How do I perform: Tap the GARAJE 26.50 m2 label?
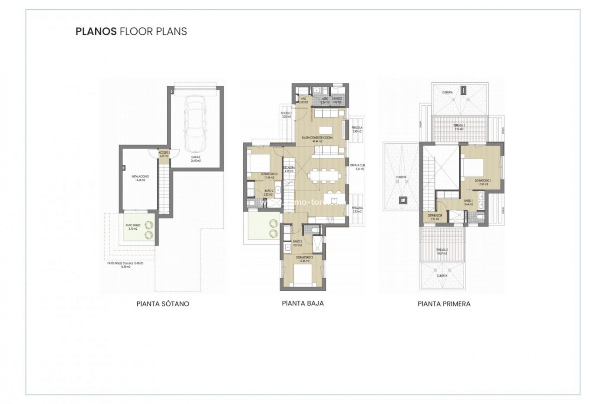pos(196,159)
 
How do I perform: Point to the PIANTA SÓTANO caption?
pos(163,304)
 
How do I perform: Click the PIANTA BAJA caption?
pos(303,303)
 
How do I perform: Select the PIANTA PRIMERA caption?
pos(444,304)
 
